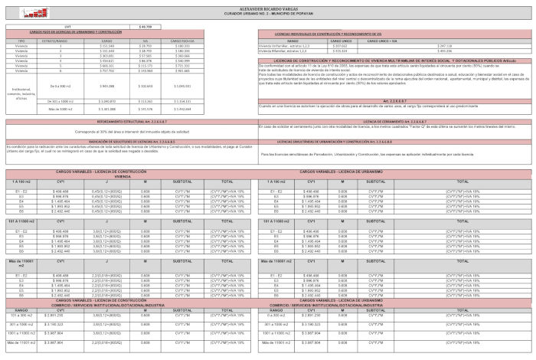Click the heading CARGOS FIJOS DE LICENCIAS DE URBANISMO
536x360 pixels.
tap(66, 32)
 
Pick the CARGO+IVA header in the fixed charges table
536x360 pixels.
tap(181, 40)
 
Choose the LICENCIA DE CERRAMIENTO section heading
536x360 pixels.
tap(394, 121)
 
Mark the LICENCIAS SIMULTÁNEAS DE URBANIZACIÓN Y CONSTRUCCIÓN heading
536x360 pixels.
tap(394, 142)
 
